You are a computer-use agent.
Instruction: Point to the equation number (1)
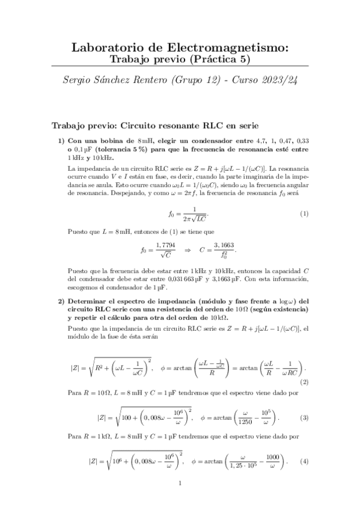pos(304,214)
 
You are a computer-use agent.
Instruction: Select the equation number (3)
pos(304,417)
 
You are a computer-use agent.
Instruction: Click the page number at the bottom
pos(180,482)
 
